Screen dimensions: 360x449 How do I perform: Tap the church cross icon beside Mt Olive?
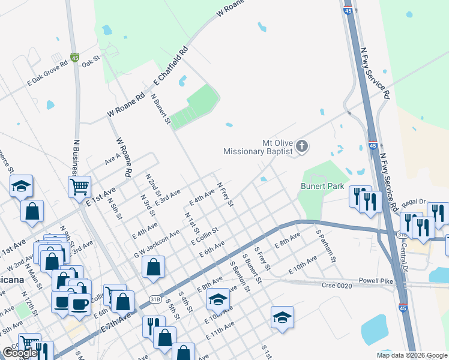pos(302,146)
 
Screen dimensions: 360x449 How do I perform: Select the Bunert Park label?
pos(322,186)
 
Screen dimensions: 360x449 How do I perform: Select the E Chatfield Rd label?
pos(171,66)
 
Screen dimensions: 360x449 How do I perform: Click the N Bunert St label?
pos(161,109)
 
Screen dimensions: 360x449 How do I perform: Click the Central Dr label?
pos(414,247)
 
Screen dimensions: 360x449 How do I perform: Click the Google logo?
pos(19,353)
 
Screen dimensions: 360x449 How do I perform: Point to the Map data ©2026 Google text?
pos(412,355)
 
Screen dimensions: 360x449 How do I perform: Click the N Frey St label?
pos(224,195)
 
